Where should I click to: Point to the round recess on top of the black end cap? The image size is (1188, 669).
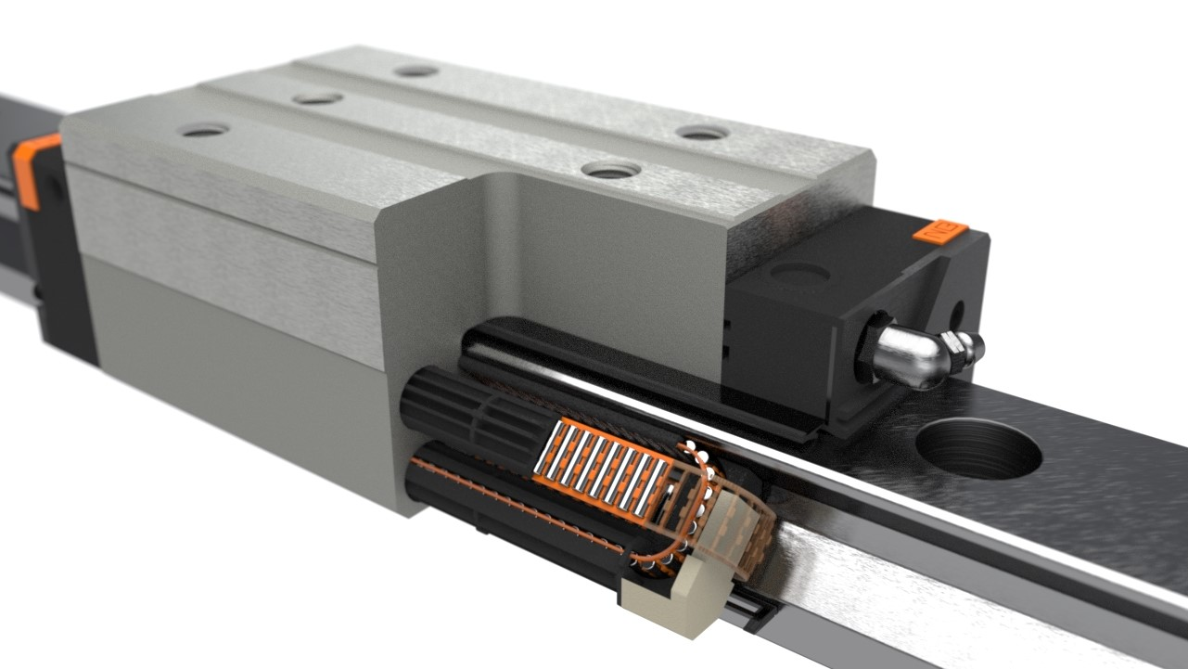pyautogui.click(x=800, y=273)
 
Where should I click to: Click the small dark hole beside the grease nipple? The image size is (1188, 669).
pyautogui.click(x=956, y=314)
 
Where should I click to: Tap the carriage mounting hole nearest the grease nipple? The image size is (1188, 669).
pyautogui.click(x=703, y=133)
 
